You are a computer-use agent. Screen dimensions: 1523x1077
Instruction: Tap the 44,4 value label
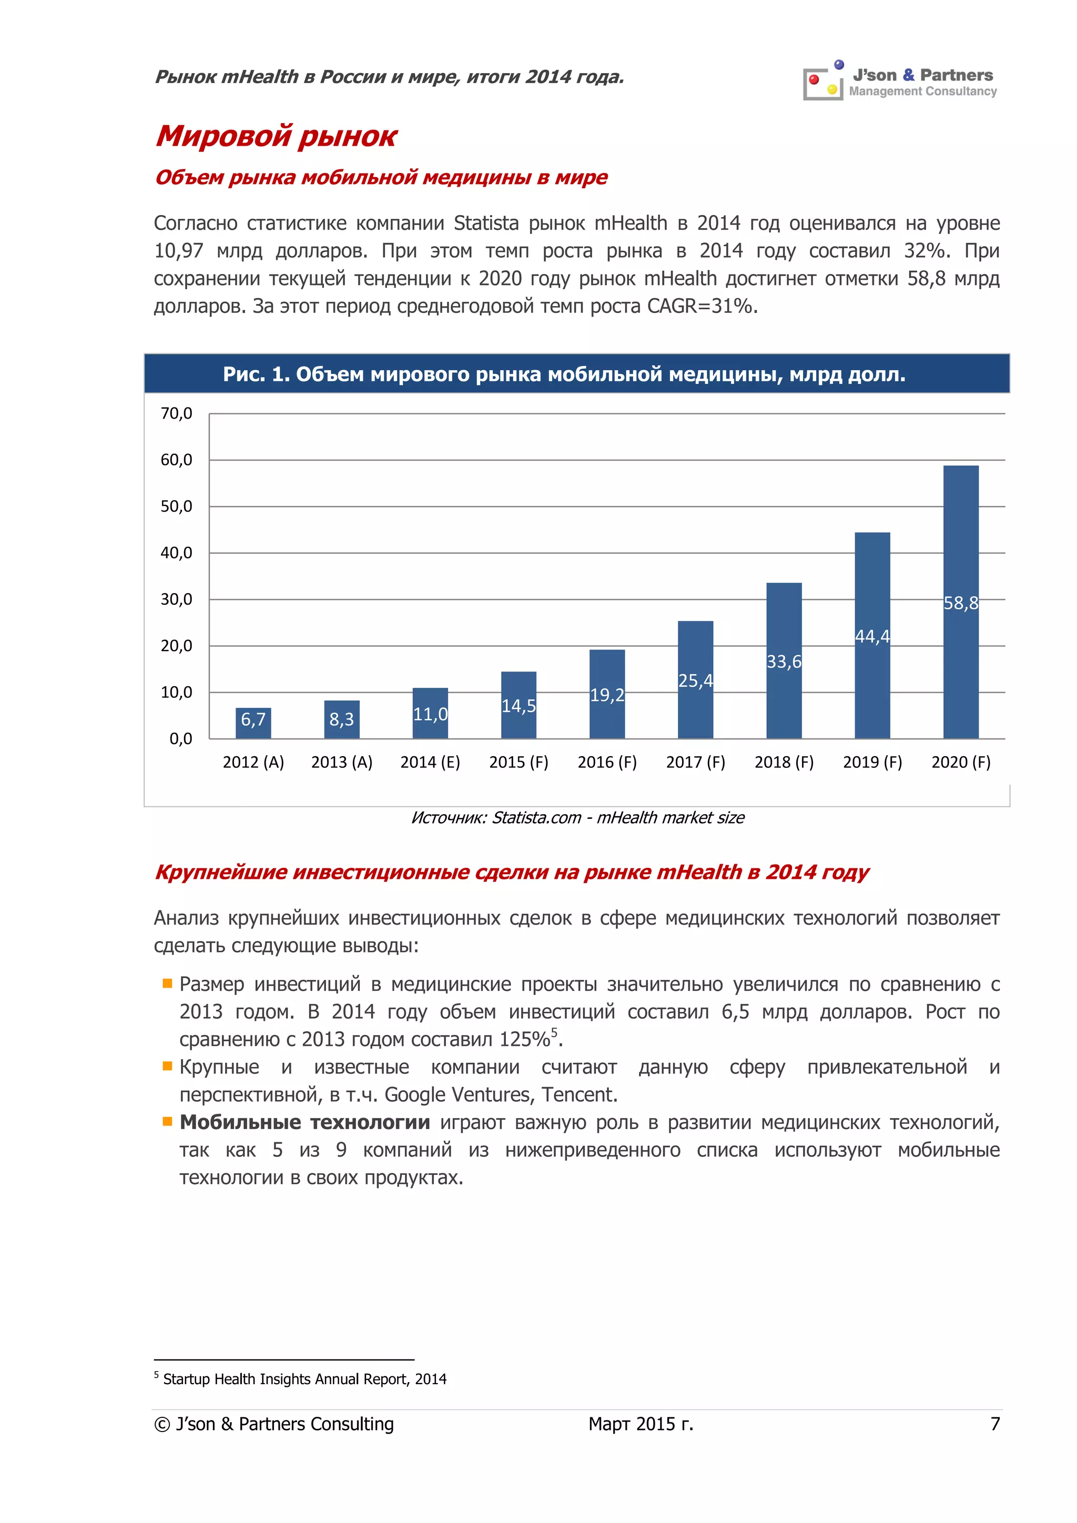tap(872, 637)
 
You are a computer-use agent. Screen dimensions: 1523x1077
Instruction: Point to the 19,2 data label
tap(607, 695)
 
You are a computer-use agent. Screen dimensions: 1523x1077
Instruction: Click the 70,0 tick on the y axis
tap(176, 414)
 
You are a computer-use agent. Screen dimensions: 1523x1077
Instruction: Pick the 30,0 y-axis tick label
tap(176, 600)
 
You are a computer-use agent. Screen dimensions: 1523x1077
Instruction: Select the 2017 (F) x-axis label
tap(695, 762)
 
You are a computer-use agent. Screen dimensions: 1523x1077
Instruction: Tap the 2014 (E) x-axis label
tap(430, 762)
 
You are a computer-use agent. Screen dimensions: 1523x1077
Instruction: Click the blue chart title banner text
tap(564, 375)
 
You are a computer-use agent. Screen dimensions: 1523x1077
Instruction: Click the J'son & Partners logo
tap(900, 82)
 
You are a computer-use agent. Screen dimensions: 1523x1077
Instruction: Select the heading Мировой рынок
tap(276, 136)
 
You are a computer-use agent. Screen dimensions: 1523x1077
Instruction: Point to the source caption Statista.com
tap(577, 818)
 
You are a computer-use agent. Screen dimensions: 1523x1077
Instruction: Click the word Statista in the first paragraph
tap(485, 224)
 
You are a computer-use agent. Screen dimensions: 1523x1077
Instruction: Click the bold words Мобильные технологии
tap(304, 1122)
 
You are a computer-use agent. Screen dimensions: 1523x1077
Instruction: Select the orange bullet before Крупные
tap(167, 1066)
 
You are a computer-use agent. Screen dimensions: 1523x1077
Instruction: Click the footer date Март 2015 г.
tap(640, 1424)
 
